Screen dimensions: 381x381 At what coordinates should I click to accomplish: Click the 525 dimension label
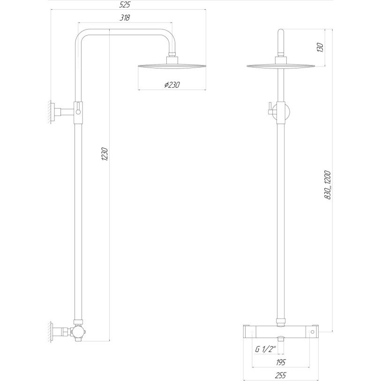tap(125, 5)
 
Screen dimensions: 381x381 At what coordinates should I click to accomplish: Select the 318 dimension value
tap(125, 18)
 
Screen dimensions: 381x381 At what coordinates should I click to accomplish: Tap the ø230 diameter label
tap(172, 85)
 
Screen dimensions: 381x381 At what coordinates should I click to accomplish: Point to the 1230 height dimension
tap(105, 154)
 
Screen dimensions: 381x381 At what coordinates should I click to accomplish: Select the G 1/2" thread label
tap(266, 350)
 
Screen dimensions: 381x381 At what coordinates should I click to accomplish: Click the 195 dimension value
tap(281, 362)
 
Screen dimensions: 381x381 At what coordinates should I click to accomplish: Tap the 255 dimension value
tap(281, 375)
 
